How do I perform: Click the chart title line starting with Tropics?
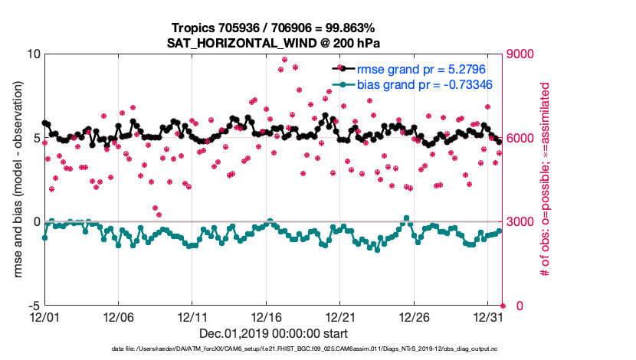[274, 28]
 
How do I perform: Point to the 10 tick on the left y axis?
[33, 54]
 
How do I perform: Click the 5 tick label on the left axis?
[36, 139]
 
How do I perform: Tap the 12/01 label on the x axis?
[44, 316]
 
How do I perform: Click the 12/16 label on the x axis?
[266, 316]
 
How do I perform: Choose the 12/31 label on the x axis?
[488, 316]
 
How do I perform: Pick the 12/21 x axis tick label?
[340, 316]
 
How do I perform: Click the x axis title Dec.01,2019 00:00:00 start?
[274, 333]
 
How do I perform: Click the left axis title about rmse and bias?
[17, 180]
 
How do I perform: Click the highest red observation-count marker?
[284, 59]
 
